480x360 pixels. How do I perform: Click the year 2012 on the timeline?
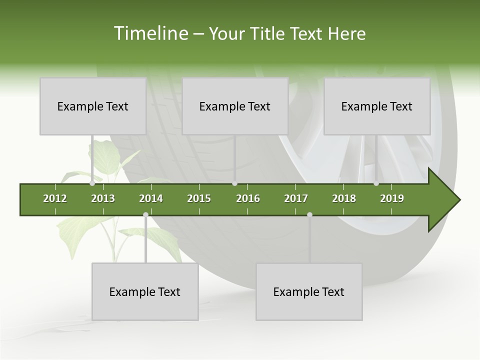(x=55, y=198)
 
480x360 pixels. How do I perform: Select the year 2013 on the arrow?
(x=103, y=198)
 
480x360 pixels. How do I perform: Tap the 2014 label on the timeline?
(x=151, y=198)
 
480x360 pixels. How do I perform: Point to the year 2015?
(x=199, y=198)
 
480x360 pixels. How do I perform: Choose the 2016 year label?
(x=248, y=198)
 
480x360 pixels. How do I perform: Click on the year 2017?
(x=296, y=198)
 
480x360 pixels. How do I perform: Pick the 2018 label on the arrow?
(x=344, y=198)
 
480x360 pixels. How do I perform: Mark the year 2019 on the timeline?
(x=392, y=198)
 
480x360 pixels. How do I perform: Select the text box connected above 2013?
(x=93, y=106)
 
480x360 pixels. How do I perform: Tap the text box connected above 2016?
(x=235, y=106)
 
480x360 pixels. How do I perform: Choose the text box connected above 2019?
(x=377, y=106)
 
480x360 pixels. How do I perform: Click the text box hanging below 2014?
(x=145, y=291)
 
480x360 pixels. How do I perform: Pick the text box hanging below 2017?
(x=309, y=291)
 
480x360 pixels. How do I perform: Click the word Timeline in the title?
(x=150, y=33)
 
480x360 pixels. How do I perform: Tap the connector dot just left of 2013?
(x=92, y=183)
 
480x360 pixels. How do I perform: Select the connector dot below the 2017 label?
(x=309, y=214)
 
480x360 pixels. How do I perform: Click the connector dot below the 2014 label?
(x=145, y=214)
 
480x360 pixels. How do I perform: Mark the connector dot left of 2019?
(x=376, y=183)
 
